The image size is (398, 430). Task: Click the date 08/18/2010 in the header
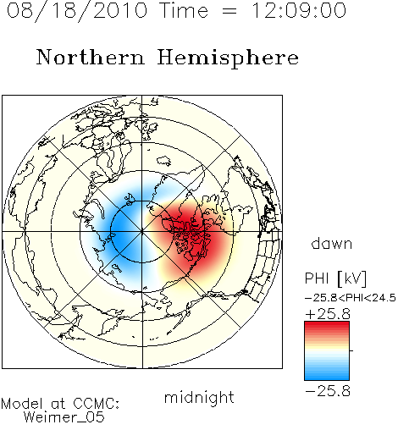(x=77, y=11)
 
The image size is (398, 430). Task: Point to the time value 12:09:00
(x=299, y=10)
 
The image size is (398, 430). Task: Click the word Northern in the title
(x=91, y=57)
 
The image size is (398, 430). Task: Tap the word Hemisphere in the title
(x=228, y=58)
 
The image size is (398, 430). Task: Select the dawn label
(x=332, y=243)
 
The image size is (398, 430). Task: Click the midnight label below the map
(x=199, y=397)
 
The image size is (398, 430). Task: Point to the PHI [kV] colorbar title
(x=335, y=278)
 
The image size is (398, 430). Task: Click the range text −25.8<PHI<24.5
(x=351, y=298)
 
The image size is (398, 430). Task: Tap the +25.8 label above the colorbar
(x=328, y=314)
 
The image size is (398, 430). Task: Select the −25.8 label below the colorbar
(x=328, y=391)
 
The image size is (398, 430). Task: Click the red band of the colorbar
(x=327, y=328)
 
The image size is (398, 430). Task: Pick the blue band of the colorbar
(x=327, y=375)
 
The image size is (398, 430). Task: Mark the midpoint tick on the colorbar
(x=351, y=350)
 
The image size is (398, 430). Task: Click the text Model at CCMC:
(x=60, y=404)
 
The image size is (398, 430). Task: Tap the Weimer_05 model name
(x=64, y=417)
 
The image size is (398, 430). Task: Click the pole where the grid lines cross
(x=142, y=232)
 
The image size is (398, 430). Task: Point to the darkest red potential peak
(x=195, y=234)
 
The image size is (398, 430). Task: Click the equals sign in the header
(x=229, y=11)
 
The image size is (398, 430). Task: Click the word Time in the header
(x=184, y=10)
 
